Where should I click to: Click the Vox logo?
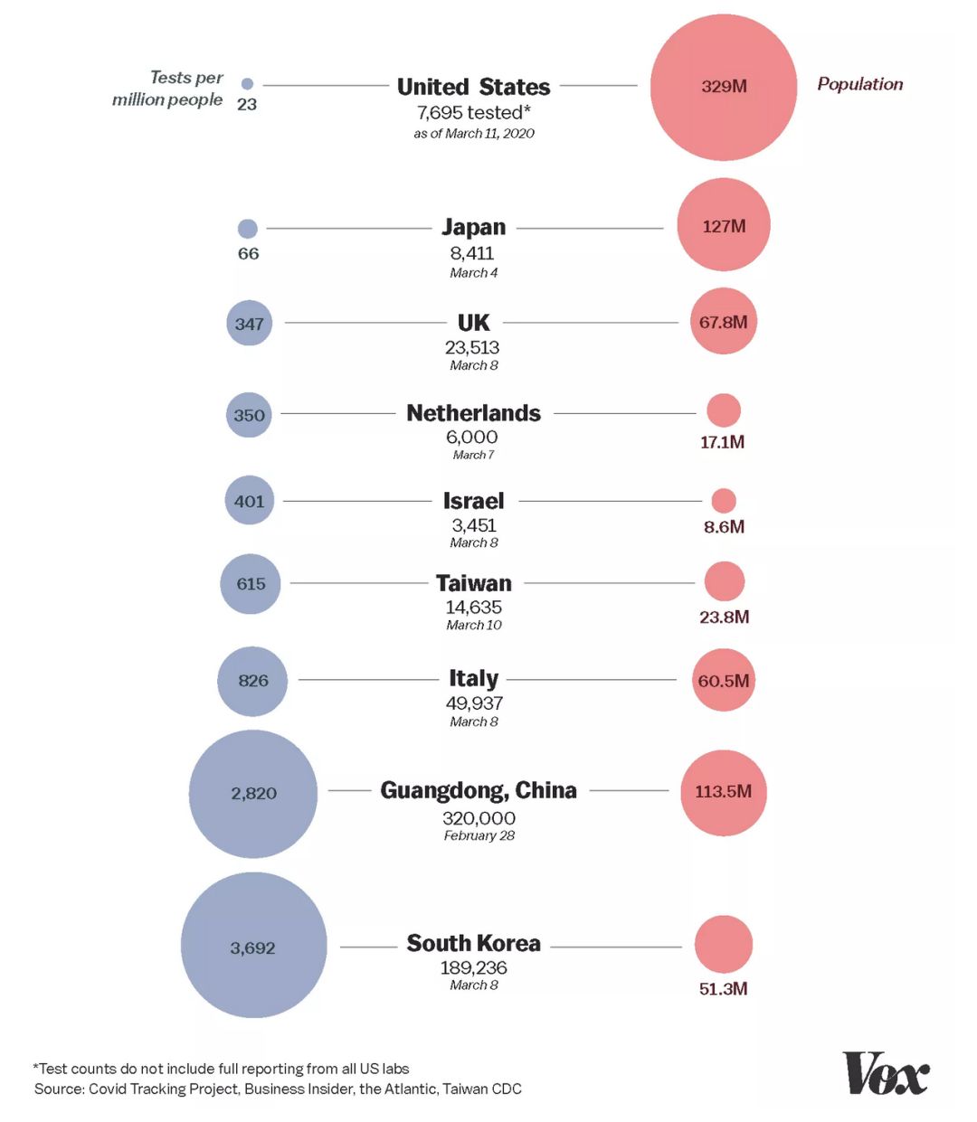[x=885, y=1073]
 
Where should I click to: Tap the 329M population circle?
[x=724, y=87]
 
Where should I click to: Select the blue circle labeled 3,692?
[x=253, y=946]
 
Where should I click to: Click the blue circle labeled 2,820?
[x=253, y=794]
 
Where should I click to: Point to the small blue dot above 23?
[x=247, y=84]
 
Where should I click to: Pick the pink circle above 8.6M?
[x=724, y=500]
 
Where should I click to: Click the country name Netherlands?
[x=473, y=413]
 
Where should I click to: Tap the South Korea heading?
[x=473, y=943]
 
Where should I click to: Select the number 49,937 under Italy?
[x=474, y=702]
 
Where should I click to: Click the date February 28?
[x=479, y=835]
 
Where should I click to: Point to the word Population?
[x=859, y=84]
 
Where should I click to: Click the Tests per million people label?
[x=168, y=89]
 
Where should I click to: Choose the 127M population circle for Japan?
[x=724, y=225]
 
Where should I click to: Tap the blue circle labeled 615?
[x=251, y=584]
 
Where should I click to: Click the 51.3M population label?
[x=723, y=988]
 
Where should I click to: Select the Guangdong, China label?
[x=478, y=790]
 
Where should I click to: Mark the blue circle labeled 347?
[x=249, y=323]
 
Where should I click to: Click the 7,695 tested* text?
[x=473, y=112]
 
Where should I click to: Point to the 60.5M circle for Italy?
[x=723, y=680]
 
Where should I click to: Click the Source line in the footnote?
[x=278, y=1089]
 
